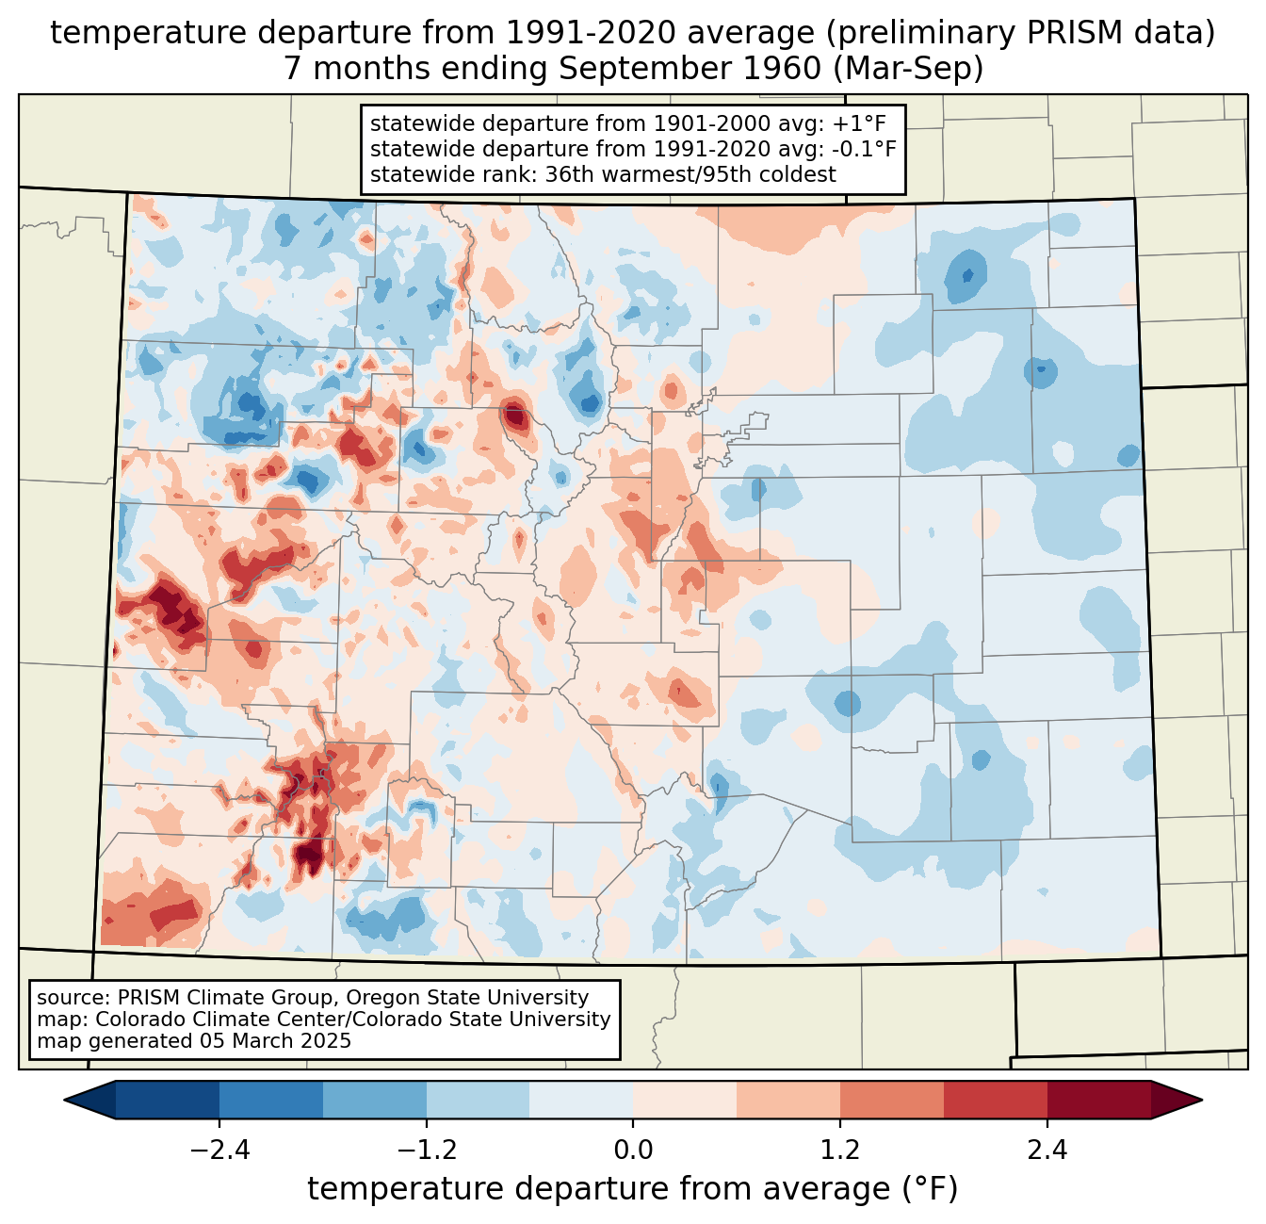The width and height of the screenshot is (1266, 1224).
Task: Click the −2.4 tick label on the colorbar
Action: (x=219, y=1151)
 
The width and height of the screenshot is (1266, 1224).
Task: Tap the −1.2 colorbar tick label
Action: (x=426, y=1151)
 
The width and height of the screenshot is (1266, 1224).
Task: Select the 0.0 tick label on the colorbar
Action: (x=633, y=1151)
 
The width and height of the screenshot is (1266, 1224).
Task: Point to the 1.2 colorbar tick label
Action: (x=840, y=1151)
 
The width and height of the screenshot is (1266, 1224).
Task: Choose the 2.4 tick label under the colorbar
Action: (x=1047, y=1151)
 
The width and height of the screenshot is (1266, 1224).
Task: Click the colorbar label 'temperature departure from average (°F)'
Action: (x=632, y=1189)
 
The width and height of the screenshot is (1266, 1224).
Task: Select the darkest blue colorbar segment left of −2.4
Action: (x=168, y=1100)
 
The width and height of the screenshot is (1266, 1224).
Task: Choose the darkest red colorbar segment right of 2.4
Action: (x=1098, y=1100)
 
